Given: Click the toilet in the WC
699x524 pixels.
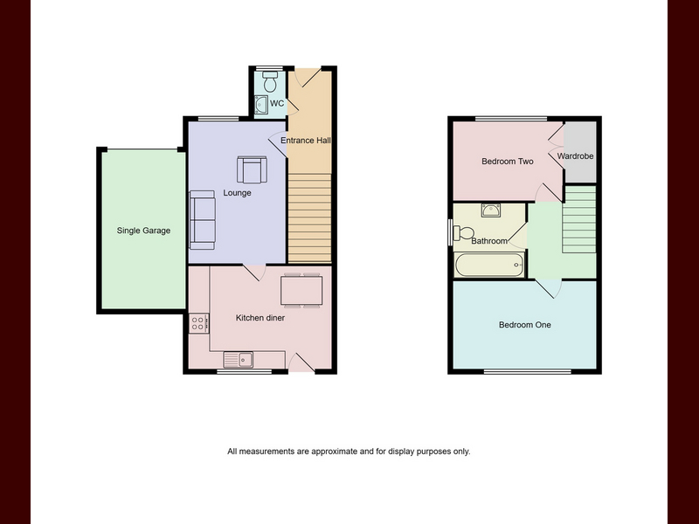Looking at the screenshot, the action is pyautogui.click(x=270, y=81).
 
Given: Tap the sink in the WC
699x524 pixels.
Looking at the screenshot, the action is pyautogui.click(x=260, y=105).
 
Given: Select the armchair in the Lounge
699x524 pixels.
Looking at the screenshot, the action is pyautogui.click(x=252, y=169).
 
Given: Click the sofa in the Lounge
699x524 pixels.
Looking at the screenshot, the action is pyautogui.click(x=202, y=220).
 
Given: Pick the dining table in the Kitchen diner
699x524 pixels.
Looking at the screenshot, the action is pyautogui.click(x=301, y=291).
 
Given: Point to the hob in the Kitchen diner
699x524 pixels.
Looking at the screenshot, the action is pyautogui.click(x=198, y=323).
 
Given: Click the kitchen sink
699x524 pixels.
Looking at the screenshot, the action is pyautogui.click(x=238, y=359).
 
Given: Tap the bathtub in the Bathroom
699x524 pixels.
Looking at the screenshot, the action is pyautogui.click(x=489, y=265).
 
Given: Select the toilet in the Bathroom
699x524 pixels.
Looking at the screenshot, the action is pyautogui.click(x=463, y=232).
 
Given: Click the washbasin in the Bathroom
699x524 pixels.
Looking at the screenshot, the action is pyautogui.click(x=490, y=210).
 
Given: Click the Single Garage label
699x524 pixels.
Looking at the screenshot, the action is pyautogui.click(x=143, y=231).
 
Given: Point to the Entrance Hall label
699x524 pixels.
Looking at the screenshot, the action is pyautogui.click(x=306, y=141).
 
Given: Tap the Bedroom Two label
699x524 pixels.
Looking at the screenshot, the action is pyautogui.click(x=508, y=162).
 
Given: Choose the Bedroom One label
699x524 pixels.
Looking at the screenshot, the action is pyautogui.click(x=525, y=325).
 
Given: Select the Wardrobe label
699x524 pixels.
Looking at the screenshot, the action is pyautogui.click(x=575, y=156).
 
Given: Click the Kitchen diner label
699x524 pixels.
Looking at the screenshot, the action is pyautogui.click(x=260, y=318).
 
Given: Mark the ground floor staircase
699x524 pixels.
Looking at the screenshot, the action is pyautogui.click(x=310, y=217).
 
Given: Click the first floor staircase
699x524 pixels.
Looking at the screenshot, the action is pyautogui.click(x=579, y=219).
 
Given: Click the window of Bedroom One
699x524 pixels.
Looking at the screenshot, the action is pyautogui.click(x=528, y=371).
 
